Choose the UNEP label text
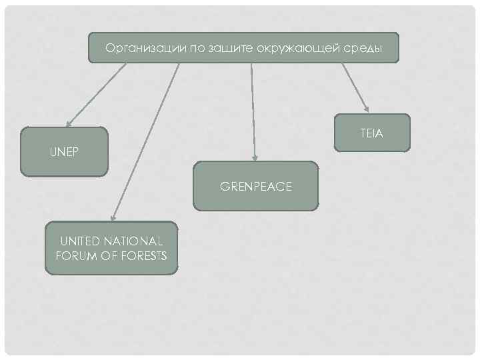point(64,151)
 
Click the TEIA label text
point(371,133)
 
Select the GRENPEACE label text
point(256,187)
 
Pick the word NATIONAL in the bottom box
point(137,241)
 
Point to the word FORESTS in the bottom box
point(143,255)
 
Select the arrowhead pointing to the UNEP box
point(68,123)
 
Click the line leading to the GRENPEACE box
point(253,107)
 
